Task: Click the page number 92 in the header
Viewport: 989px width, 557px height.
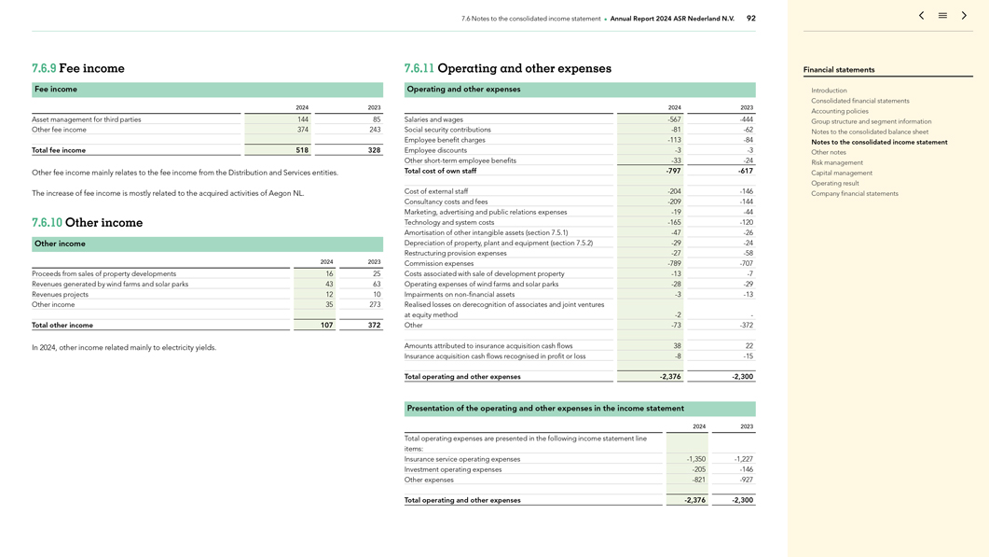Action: coord(751,19)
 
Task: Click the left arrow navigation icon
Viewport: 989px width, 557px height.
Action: coord(921,16)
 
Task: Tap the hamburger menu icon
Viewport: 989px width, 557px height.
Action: coord(942,16)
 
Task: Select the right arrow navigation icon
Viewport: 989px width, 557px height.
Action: coord(964,16)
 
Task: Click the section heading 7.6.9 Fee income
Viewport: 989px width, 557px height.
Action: coord(78,68)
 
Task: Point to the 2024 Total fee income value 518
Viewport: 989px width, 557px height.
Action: coord(302,150)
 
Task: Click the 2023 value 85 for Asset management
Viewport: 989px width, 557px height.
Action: coord(376,119)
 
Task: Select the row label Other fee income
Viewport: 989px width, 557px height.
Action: coord(59,130)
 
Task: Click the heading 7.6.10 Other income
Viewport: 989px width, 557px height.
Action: coord(88,223)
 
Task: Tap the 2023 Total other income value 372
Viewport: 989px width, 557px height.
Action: coord(374,326)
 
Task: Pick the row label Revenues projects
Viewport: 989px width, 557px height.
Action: coord(61,295)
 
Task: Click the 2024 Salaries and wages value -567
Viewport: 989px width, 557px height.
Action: coord(674,119)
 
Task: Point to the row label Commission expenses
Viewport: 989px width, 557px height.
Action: coord(439,264)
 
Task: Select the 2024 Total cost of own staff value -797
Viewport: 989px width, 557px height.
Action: coord(673,172)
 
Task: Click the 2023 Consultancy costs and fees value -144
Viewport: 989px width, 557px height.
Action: coord(746,202)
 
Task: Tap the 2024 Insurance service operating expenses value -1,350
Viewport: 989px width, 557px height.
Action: coord(695,459)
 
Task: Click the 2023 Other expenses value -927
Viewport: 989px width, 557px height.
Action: coord(743,480)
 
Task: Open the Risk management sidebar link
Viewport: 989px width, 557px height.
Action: coord(837,162)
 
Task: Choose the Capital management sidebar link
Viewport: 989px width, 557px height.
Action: coord(842,173)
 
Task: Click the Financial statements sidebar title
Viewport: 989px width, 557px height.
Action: coord(839,70)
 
